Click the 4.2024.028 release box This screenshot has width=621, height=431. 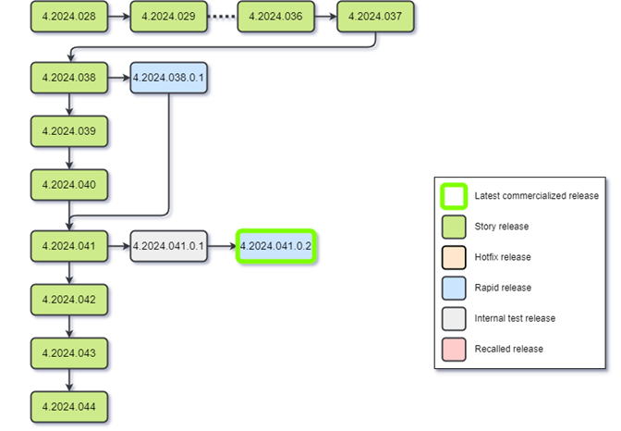coord(68,18)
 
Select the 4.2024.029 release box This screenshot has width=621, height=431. coord(168,18)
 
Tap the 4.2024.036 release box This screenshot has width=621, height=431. coord(275,18)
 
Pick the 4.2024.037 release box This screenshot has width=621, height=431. coord(374,18)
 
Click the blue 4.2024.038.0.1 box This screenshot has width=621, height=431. coord(168,78)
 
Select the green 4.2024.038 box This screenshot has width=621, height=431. coord(68,78)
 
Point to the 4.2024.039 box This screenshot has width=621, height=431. coord(68,131)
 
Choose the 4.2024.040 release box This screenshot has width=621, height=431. coord(68,185)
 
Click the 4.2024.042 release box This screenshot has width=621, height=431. coord(68,299)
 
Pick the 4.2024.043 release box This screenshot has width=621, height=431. coord(68,352)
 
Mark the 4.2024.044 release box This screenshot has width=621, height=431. coord(68,406)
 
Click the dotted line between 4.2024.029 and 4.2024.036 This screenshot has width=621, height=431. coord(222,18)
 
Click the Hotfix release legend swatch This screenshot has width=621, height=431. coord(453,257)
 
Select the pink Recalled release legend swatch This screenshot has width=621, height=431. coord(453,349)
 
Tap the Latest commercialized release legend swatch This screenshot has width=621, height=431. coord(453,196)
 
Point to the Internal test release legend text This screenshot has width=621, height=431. coord(515,318)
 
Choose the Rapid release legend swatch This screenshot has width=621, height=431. coord(453,288)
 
